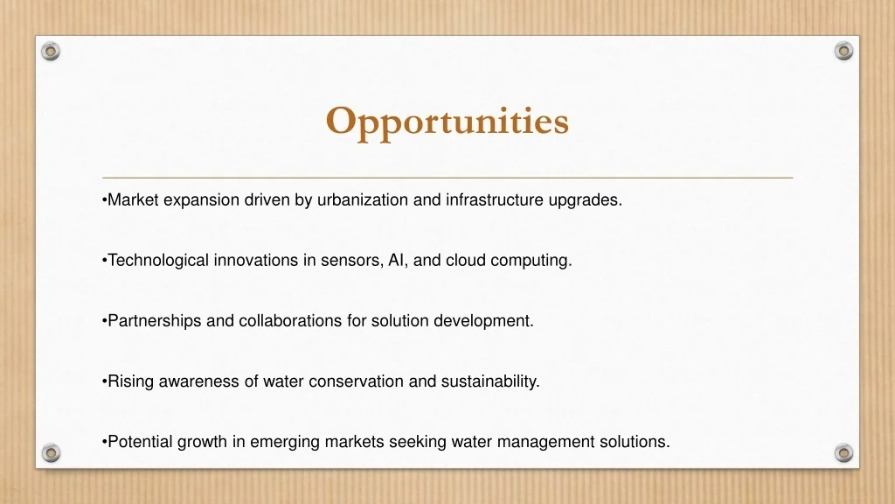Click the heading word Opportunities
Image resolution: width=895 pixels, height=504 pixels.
tap(447, 121)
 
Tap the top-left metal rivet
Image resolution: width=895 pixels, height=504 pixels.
tap(51, 52)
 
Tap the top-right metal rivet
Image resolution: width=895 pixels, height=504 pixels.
tap(843, 51)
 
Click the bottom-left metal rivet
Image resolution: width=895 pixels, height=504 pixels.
tap(51, 453)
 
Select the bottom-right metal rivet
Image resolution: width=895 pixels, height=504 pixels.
tap(843, 453)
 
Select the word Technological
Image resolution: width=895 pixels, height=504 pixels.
tap(158, 261)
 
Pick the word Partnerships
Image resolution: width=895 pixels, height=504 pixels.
tap(154, 321)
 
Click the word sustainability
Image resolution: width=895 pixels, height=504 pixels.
tap(489, 381)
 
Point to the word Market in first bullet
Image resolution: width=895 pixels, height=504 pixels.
tap(133, 200)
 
